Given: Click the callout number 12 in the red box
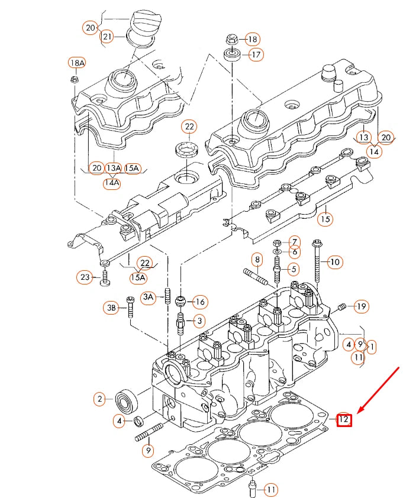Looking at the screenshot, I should (x=344, y=420).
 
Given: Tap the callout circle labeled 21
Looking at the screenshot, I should (x=107, y=37).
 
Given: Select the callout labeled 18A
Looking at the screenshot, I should (x=77, y=63).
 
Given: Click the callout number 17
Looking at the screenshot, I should (x=254, y=55).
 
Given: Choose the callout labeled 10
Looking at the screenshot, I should (x=334, y=261).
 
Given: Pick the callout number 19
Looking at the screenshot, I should (x=361, y=306).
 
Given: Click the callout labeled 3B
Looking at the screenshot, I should (x=111, y=307).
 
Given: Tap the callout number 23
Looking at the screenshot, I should (x=85, y=277).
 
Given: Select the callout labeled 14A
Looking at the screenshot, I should (x=112, y=183).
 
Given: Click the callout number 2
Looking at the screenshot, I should (x=100, y=399).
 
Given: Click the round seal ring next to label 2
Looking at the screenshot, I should (x=126, y=400).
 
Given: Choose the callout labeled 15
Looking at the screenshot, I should (x=324, y=219).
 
